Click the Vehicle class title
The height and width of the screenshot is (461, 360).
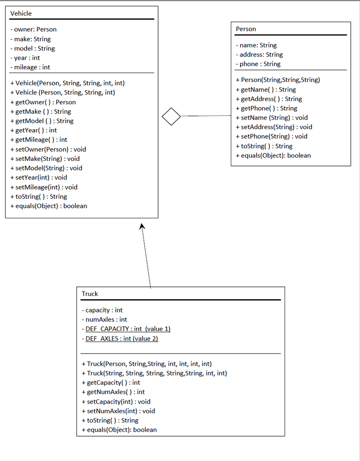(x=21, y=13)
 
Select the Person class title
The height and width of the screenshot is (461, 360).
(x=246, y=29)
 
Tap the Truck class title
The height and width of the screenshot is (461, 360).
(x=90, y=294)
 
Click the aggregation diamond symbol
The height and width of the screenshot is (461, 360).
(x=171, y=116)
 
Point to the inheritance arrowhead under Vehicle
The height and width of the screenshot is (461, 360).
(x=142, y=227)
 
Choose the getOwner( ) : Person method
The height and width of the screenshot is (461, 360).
(x=43, y=102)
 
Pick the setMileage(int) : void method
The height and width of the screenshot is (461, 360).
(x=44, y=187)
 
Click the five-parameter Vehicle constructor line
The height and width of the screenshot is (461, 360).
(x=67, y=83)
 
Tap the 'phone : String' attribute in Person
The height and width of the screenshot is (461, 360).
(x=260, y=64)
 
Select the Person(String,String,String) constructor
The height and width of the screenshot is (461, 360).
(x=278, y=80)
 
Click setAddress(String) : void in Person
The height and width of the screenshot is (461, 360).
(x=274, y=127)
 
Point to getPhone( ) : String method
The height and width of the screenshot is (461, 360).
(x=266, y=108)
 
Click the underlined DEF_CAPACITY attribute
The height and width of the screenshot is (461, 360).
(x=127, y=329)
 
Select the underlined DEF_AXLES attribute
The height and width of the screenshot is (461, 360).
(x=121, y=339)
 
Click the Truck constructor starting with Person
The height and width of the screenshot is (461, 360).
(x=146, y=364)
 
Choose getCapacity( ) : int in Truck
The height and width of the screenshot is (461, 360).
(x=111, y=382)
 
